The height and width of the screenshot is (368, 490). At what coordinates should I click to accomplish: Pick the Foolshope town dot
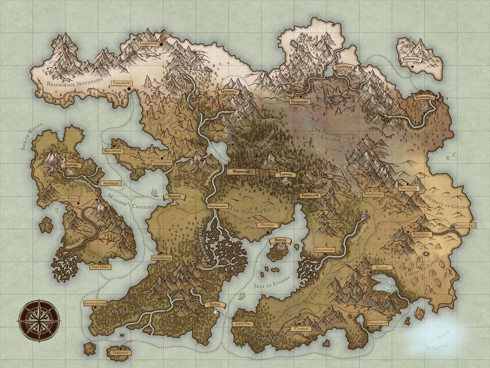(129, 89)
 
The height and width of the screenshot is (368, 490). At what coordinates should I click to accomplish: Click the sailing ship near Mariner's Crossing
(155, 193)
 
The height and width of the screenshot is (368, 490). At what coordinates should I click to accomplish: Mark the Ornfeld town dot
(268, 233)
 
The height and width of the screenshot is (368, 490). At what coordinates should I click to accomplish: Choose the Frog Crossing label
(218, 206)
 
